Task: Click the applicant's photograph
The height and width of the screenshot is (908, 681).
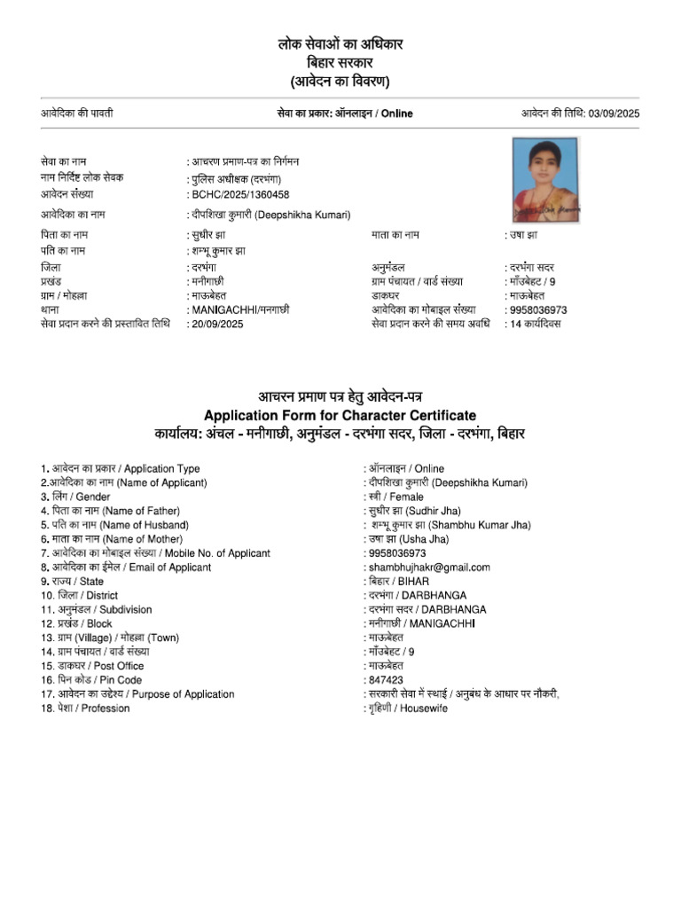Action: click(x=544, y=179)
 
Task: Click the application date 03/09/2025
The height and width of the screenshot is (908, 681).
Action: click(x=614, y=113)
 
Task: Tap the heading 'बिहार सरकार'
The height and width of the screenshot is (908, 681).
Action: click(x=340, y=63)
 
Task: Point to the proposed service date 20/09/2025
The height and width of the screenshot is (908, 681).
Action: click(x=217, y=324)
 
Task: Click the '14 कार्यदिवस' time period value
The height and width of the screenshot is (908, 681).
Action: click(x=536, y=324)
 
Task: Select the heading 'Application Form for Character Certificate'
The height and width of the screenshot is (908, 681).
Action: click(x=340, y=415)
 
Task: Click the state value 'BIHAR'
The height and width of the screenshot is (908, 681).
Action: click(x=413, y=582)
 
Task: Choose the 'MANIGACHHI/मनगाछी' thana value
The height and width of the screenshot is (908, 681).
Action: click(x=240, y=309)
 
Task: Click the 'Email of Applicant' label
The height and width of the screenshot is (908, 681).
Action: click(x=169, y=567)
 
